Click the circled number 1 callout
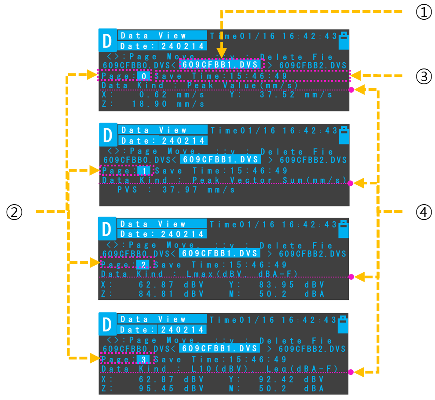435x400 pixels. pyautogui.click(x=424, y=13)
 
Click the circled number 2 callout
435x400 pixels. pyautogui.click(x=14, y=213)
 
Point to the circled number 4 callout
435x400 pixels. pyautogui.click(x=424, y=213)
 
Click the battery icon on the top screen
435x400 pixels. pyautogui.click(x=344, y=41)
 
